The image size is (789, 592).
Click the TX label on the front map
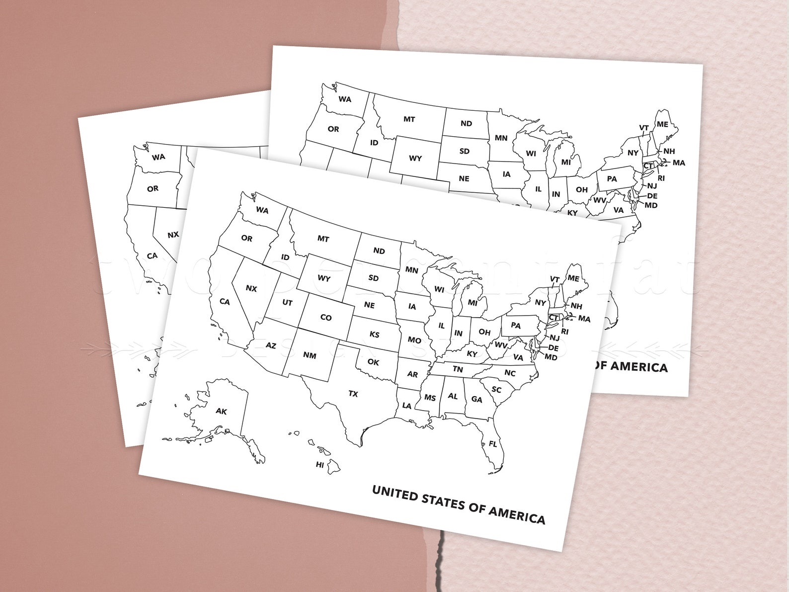point(353,394)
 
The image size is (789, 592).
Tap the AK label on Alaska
point(221,411)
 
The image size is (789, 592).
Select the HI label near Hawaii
point(320,465)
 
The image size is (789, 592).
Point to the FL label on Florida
point(492,444)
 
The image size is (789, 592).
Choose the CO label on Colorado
point(325,317)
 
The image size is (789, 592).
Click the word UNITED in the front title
point(395,494)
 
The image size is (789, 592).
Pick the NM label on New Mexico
point(310,355)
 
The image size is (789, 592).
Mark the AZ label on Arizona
point(270,345)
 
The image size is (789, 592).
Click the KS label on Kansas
point(374,335)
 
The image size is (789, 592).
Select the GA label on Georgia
point(476,399)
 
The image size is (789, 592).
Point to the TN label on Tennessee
point(458,369)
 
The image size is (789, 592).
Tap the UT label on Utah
point(287,302)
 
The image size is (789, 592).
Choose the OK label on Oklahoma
point(373,362)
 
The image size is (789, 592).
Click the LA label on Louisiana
point(407,406)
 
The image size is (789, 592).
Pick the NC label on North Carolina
point(510,373)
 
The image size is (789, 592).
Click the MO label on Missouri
point(414,340)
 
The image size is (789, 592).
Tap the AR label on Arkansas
point(412,374)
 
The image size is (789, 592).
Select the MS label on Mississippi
point(430,398)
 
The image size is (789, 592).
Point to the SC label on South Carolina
point(496,389)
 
